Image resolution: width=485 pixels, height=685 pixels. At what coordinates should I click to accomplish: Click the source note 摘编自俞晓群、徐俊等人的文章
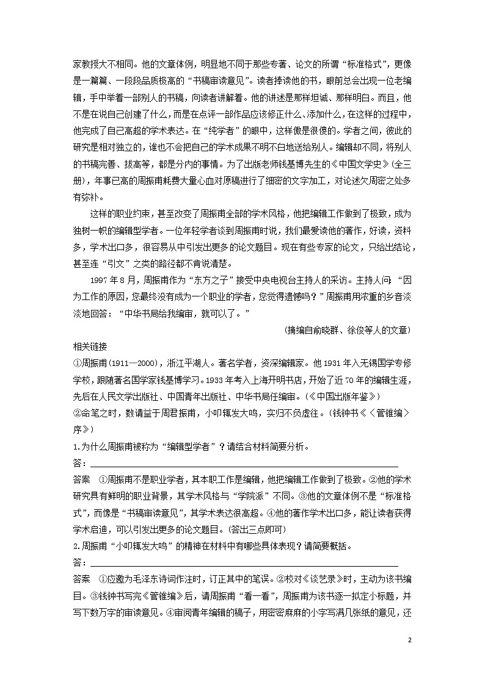[348, 330]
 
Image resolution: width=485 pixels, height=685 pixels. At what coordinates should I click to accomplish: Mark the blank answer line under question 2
[241, 561]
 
